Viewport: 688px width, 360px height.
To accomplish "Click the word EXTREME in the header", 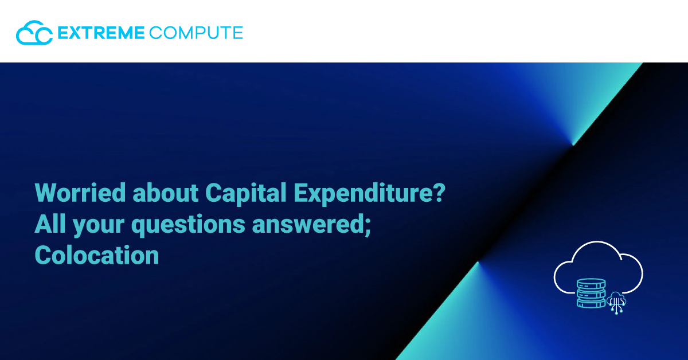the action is (x=101, y=33).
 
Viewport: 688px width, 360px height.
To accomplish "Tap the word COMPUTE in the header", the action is (x=196, y=33).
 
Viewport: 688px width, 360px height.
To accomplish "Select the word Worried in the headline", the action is (x=80, y=193).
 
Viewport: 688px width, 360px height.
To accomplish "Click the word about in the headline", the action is (x=166, y=193).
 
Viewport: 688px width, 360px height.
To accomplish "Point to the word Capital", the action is (x=246, y=194).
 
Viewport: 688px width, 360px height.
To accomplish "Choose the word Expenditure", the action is (x=362, y=194).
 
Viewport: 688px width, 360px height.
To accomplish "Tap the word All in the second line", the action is (x=50, y=224).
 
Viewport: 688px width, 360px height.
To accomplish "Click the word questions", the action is (x=188, y=226).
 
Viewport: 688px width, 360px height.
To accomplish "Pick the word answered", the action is (x=308, y=224).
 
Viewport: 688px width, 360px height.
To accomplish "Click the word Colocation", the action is (x=97, y=255).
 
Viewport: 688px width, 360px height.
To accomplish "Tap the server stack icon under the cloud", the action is (x=591, y=293).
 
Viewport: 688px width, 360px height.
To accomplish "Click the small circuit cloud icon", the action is (x=616, y=303).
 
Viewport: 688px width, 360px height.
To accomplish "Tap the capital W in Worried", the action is (x=46, y=193).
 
